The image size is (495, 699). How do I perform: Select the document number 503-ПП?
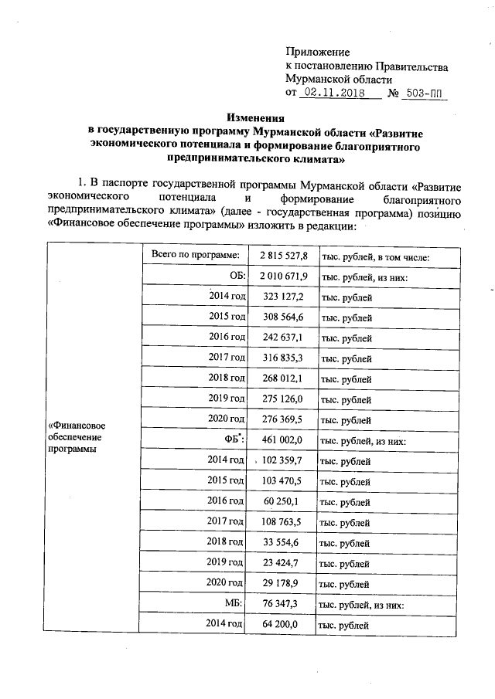coord(422,93)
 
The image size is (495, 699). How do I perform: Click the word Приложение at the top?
coord(317,50)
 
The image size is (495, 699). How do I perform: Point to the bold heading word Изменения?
coord(255,118)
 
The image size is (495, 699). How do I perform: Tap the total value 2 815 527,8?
coord(284,256)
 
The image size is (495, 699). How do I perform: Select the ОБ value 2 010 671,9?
coord(284,277)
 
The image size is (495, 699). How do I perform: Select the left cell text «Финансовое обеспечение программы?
coord(77,437)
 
